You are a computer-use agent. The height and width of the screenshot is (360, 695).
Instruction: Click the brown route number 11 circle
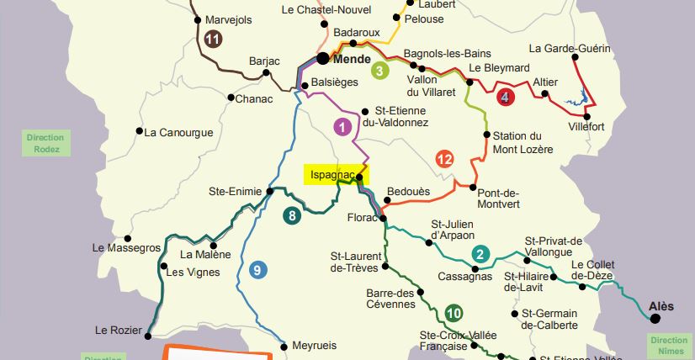point(213,39)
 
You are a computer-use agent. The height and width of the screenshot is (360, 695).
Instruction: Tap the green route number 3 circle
point(380,71)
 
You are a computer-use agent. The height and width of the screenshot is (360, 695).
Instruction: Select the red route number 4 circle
point(504,97)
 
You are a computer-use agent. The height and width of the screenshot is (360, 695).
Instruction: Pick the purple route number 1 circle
point(342,127)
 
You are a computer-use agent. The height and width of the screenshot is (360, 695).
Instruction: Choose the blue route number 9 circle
point(257,270)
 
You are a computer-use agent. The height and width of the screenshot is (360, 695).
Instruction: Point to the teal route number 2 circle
point(480,255)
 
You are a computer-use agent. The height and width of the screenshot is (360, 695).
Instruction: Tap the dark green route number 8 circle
point(292,215)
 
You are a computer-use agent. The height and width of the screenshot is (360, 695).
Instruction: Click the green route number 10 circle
point(454,313)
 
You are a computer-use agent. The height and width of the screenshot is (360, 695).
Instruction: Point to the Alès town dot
point(655,318)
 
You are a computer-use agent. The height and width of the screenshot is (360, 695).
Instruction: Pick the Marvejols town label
point(228,20)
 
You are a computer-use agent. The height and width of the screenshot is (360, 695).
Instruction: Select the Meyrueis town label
point(313,346)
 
